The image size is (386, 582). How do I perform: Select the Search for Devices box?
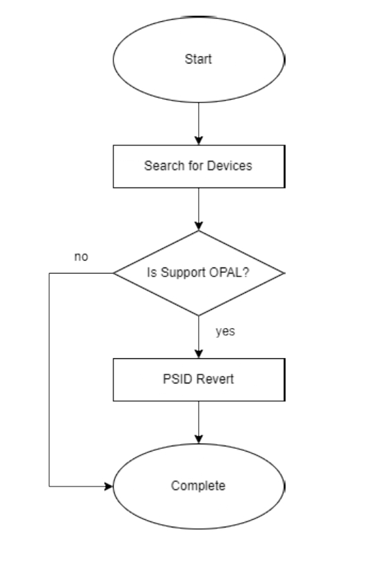199,166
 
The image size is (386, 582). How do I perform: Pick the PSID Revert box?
199,380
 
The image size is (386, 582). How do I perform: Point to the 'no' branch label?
81,257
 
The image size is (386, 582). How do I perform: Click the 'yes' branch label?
225,332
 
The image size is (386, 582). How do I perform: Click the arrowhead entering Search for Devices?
199,141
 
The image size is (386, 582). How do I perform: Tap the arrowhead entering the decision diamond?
199,226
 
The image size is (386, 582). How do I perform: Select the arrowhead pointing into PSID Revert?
199,353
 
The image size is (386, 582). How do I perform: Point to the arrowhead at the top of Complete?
199,439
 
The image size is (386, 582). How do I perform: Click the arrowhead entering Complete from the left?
109,486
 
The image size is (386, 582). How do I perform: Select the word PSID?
177,379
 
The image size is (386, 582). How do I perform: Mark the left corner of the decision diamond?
113,273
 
